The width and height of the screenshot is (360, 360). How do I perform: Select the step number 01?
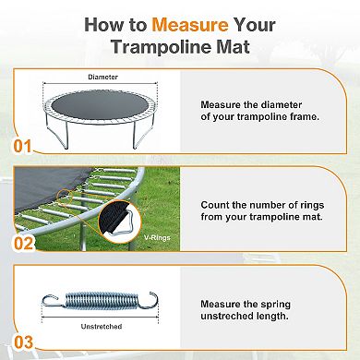[x=18, y=144]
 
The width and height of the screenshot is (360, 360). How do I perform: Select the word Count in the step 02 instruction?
[x=218, y=201]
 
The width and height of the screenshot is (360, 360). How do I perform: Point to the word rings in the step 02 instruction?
[x=318, y=201]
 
